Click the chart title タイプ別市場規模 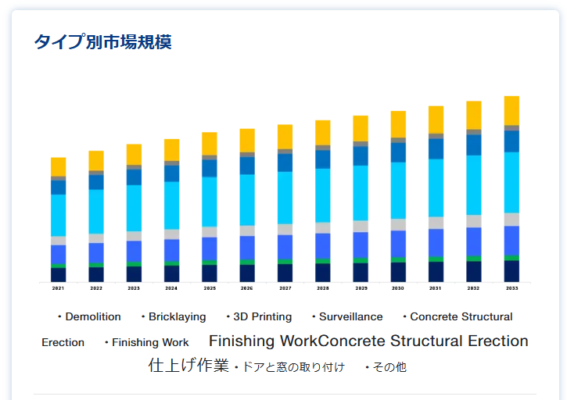point(102,41)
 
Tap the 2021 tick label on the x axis point(59,288)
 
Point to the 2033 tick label point(511,288)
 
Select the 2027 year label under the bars point(285,288)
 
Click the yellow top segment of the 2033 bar point(511,110)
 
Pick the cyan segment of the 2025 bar point(210,202)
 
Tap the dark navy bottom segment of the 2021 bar point(59,274)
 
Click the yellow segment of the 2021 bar point(59,166)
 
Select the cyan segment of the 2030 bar point(398,190)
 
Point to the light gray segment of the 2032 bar point(474,221)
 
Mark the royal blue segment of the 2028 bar point(323,245)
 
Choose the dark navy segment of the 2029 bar point(361,272)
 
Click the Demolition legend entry point(92,316)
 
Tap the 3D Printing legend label point(262,316)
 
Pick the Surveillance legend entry point(350,316)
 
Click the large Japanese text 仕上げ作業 point(188,365)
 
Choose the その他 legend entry point(389,367)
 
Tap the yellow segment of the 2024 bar point(171,149)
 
